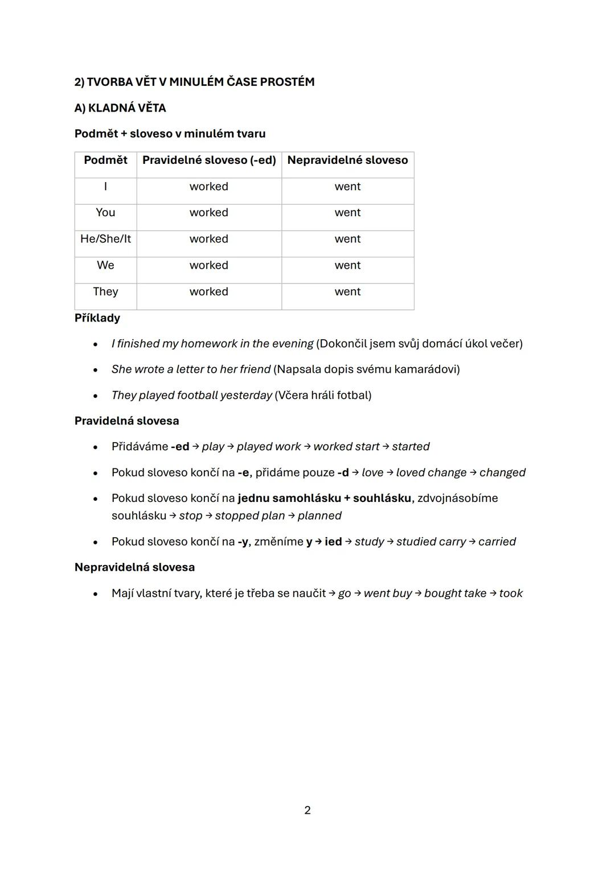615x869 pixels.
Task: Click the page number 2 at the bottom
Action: [x=307, y=810]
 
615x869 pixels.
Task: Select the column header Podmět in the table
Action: [x=105, y=160]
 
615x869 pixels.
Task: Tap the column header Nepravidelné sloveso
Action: [x=347, y=160]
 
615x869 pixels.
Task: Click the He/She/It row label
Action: [x=105, y=239]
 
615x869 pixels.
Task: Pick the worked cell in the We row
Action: [x=208, y=265]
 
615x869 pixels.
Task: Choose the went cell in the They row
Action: [x=347, y=291]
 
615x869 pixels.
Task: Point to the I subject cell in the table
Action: [x=105, y=187]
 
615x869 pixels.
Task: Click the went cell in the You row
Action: [x=347, y=212]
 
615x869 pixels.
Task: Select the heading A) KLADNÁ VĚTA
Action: [x=120, y=108]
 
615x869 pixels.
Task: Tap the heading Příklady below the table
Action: [x=97, y=318]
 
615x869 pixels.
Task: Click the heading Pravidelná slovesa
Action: [x=126, y=421]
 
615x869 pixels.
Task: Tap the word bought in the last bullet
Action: [x=442, y=593]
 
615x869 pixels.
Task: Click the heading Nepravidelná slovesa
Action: [x=134, y=567]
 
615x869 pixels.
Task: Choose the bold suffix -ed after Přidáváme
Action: [x=180, y=447]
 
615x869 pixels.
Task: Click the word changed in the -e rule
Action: [x=502, y=472]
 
